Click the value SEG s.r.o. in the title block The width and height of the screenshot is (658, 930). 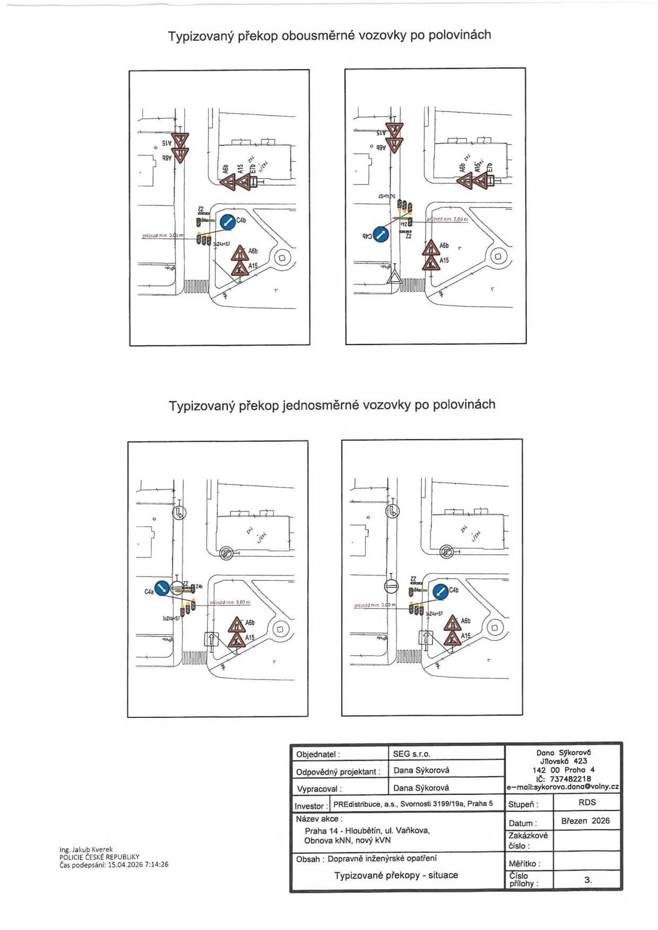[x=411, y=753]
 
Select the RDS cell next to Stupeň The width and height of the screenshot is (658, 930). [x=587, y=802]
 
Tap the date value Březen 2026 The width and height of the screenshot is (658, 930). [x=585, y=821]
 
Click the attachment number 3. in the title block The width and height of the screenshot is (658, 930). [x=587, y=880]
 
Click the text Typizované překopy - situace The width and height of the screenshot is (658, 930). [x=396, y=875]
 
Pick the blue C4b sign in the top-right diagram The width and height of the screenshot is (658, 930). [x=381, y=234]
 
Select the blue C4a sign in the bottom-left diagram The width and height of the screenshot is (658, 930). [x=162, y=587]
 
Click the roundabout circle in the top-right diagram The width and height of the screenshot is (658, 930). [x=498, y=257]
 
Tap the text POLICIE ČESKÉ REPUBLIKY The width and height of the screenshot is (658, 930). [x=99, y=857]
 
